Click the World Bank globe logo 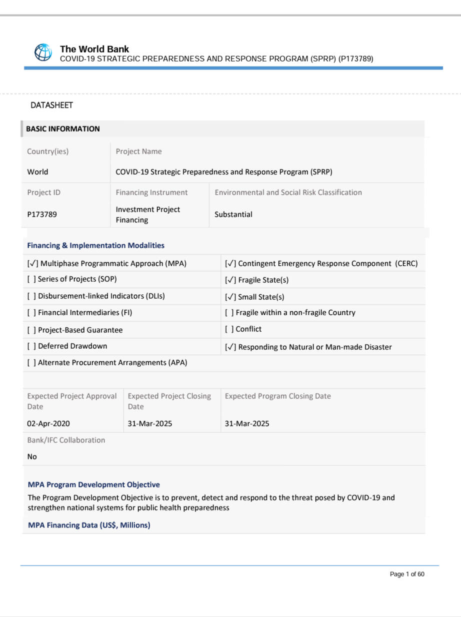coord(43,53)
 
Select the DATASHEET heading coord(51,105)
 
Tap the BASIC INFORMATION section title coord(63,129)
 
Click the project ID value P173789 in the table coord(42,214)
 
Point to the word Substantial coord(233,214)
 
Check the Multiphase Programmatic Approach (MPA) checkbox coord(32,263)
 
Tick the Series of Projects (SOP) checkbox coord(31,279)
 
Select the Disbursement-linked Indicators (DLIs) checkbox coord(31,296)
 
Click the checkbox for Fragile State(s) coord(230,280)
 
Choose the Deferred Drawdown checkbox coord(31,346)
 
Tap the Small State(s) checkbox coord(230,297)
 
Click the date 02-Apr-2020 coord(48,423)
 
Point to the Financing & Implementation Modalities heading coord(95,245)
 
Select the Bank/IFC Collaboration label coord(66,440)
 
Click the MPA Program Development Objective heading coord(94,484)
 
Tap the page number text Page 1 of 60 coord(407,574)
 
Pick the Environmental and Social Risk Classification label coord(288,192)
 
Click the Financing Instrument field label coord(151,192)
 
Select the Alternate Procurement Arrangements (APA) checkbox coord(31,363)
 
